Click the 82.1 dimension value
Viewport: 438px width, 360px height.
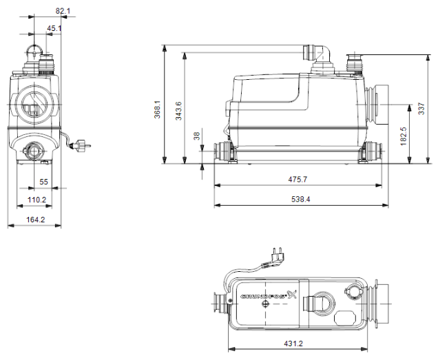pyautogui.click(x=63, y=10)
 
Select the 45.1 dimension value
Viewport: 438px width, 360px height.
pyautogui.click(x=54, y=28)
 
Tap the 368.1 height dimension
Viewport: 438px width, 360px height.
pyautogui.click(x=158, y=108)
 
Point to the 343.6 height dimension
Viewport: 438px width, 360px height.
pyautogui.click(x=179, y=108)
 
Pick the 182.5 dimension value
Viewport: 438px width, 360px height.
pyautogui.click(x=403, y=134)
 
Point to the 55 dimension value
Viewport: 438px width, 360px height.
pyautogui.click(x=43, y=182)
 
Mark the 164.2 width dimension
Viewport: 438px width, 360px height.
pyautogui.click(x=35, y=220)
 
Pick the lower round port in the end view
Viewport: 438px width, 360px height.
pyautogui.click(x=34, y=150)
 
